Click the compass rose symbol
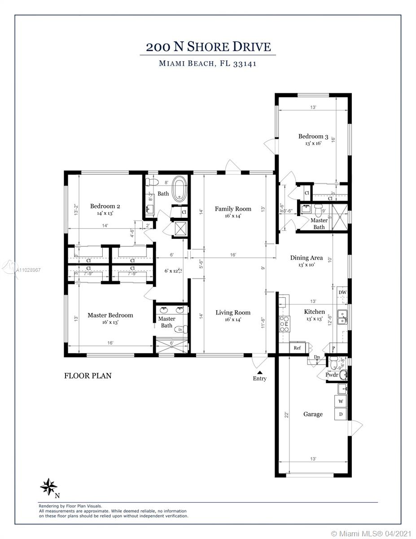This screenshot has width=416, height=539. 49,486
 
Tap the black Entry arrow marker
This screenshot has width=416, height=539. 259,371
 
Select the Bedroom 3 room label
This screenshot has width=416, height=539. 313,137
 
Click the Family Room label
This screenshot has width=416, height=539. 233,209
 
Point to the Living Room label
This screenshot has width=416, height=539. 233,313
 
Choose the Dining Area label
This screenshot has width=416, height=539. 307,258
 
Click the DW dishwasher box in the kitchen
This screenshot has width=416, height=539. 342,292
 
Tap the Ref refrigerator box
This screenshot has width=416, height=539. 297,348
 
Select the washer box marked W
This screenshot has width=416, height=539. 341,402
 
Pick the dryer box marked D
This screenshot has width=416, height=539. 341,414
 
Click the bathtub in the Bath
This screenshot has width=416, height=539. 180,188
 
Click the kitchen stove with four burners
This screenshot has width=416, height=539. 285,323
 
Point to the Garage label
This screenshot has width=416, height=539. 313,414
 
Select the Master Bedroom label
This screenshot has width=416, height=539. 110,315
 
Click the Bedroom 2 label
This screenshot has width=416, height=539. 105,207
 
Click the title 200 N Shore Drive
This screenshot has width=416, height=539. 208,47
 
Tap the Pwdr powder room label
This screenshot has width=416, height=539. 332,375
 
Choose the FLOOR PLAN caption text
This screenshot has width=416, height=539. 88,376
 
